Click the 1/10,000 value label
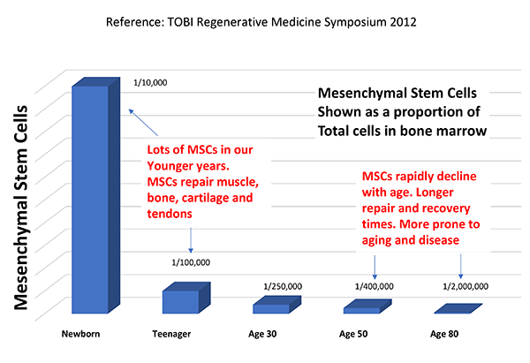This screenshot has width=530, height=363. click(x=150, y=82)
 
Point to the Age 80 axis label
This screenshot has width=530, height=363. click(x=445, y=335)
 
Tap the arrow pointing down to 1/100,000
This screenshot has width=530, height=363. click(x=190, y=239)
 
